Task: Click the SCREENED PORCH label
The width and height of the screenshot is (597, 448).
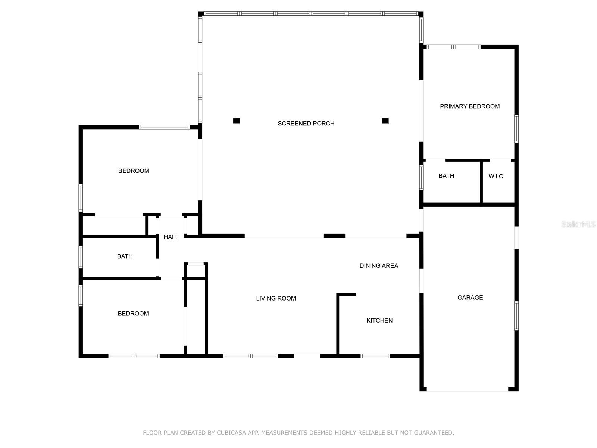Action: [306, 124]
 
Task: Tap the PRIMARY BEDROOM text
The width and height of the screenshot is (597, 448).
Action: [470, 106]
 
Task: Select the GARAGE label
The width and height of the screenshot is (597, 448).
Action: [470, 298]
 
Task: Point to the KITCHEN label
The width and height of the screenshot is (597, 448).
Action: [379, 320]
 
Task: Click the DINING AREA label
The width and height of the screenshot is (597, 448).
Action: [379, 265]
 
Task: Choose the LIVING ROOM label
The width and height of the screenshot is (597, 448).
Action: [276, 298]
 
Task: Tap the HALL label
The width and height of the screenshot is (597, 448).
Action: [171, 237]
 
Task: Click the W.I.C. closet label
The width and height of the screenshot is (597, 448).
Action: [496, 177]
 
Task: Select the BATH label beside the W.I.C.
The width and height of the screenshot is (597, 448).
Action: [446, 176]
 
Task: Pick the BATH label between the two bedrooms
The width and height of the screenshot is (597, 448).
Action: [125, 256]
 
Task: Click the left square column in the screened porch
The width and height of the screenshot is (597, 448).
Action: [236, 121]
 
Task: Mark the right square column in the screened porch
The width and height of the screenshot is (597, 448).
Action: [385, 121]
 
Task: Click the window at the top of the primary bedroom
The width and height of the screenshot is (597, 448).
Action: [453, 47]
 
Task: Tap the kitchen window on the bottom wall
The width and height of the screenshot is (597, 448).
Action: [375, 356]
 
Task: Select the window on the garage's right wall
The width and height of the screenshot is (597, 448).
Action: [516, 316]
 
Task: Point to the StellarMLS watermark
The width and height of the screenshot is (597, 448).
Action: [578, 224]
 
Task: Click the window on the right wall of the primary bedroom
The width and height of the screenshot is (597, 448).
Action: [516, 129]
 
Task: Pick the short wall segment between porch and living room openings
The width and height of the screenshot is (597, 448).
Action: [334, 236]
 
